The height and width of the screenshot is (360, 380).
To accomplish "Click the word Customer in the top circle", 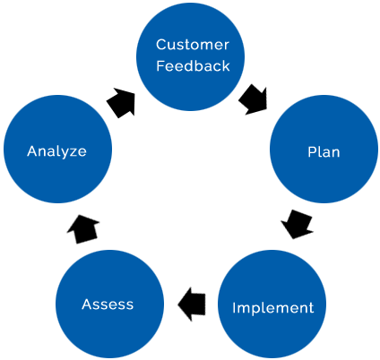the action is click(x=193, y=45).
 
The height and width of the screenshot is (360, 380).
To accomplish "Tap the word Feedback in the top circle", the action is click(x=193, y=65).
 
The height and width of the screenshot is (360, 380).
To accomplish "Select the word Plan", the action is click(x=324, y=152).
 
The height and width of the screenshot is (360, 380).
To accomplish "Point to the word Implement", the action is click(x=273, y=308).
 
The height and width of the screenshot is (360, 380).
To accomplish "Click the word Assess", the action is click(x=108, y=304).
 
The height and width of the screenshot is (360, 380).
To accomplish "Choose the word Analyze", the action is click(x=56, y=151).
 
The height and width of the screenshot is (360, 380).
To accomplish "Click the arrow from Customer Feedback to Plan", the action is click(x=254, y=99).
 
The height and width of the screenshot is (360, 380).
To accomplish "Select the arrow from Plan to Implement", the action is click(x=297, y=224).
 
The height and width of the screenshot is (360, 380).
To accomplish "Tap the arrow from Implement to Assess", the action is click(x=192, y=304).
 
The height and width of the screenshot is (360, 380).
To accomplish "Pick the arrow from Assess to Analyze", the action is click(x=83, y=229).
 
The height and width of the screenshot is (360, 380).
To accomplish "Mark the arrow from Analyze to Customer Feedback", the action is click(x=121, y=103).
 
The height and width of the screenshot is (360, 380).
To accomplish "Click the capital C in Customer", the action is click(x=161, y=45).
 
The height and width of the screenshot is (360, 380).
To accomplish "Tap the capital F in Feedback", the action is click(x=160, y=65).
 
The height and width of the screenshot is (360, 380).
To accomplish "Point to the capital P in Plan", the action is click(x=312, y=152).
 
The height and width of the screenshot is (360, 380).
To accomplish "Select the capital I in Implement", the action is click(x=234, y=307).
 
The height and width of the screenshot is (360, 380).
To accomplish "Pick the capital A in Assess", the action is click(x=88, y=304).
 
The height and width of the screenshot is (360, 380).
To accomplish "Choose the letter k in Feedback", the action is click(x=226, y=65).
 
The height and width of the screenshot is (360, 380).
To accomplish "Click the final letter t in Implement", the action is click(x=311, y=308).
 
